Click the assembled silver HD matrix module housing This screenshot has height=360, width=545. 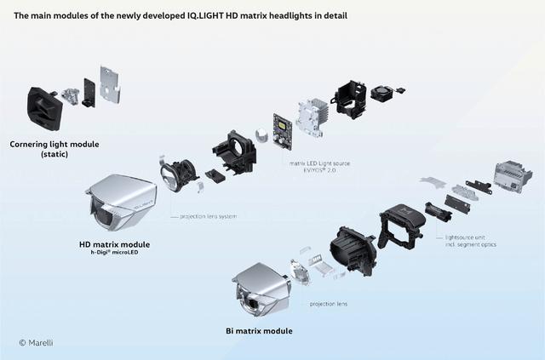[x=122, y=202]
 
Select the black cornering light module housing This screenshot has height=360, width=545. [x=44, y=108]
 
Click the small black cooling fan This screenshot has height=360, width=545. [x=382, y=93]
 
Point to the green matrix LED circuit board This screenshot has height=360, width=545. [x=282, y=131]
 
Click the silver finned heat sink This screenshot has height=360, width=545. [x=312, y=117]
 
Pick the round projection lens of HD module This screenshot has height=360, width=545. [x=169, y=176]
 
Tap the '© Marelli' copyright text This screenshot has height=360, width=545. [x=36, y=343]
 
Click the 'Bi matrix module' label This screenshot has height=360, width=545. [x=259, y=331]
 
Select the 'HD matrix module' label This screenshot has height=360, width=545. [x=114, y=244]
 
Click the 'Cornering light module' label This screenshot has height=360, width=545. [x=54, y=144]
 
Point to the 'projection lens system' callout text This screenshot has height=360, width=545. [x=208, y=216]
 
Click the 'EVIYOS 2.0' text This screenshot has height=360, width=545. [x=319, y=170]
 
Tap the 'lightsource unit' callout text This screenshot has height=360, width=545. [x=465, y=237]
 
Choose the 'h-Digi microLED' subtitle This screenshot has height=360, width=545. [x=114, y=252]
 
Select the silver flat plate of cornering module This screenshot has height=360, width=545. [x=110, y=84]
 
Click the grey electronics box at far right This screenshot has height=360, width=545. [x=513, y=176]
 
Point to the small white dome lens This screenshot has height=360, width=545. [x=262, y=134]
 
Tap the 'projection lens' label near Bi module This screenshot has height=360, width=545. [x=329, y=304]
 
